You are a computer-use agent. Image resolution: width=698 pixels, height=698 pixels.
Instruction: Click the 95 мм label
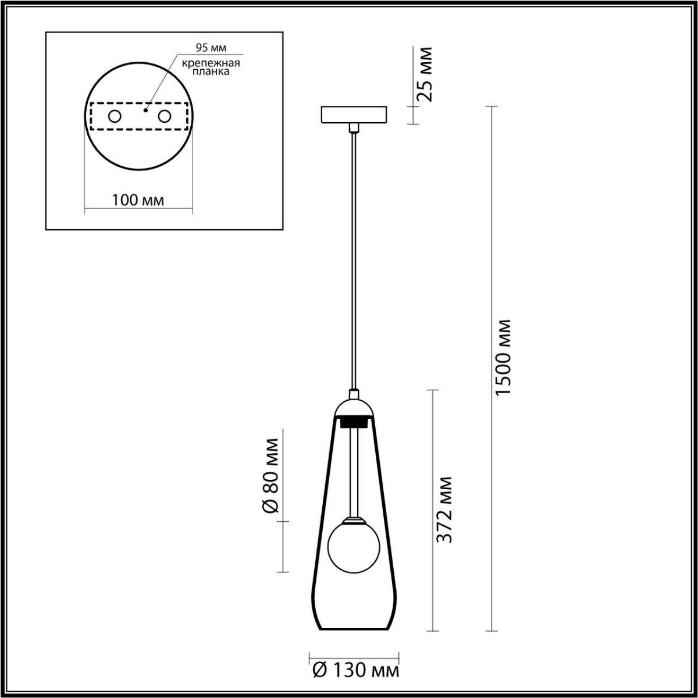point(211,48)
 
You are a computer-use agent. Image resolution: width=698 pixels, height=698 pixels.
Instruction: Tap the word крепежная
point(211,63)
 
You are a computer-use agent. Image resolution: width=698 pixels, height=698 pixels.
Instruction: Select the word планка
point(211,72)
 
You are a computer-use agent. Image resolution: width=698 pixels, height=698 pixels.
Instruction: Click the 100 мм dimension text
point(138,200)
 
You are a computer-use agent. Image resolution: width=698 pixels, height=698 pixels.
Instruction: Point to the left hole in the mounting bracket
point(115,117)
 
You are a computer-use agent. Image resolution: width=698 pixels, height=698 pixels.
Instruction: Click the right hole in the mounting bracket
point(164,117)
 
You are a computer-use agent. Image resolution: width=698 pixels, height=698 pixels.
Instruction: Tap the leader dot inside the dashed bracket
point(145,110)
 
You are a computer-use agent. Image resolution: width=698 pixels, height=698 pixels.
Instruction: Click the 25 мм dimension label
point(424,74)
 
